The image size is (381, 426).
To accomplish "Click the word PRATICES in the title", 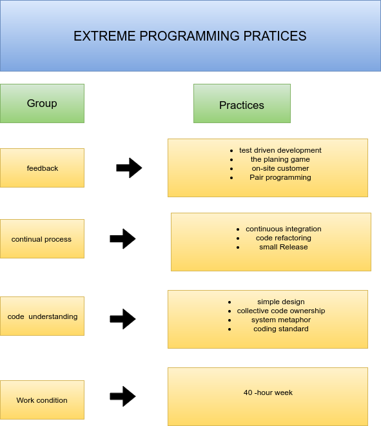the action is point(275,36).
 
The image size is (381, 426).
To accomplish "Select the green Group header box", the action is point(42,104).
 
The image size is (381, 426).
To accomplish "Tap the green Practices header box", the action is point(242,104).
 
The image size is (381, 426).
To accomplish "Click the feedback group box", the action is point(42,168).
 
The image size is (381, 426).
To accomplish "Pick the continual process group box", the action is point(42,239).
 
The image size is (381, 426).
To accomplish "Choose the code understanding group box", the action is point(42,316).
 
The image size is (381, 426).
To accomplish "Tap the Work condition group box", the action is point(42,400).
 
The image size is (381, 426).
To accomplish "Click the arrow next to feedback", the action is point(129,168).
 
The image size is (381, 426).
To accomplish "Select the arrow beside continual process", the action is point(122,239).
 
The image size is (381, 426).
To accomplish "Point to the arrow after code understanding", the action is point(122,319).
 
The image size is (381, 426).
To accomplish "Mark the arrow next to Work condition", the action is point(122,396).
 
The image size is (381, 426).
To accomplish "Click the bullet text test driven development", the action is point(280,150).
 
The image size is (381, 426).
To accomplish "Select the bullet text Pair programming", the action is point(280,177).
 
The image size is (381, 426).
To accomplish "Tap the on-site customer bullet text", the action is point(280,168).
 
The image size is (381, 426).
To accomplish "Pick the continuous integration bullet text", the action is point(284,229).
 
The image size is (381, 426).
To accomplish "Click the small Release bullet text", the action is point(284,247).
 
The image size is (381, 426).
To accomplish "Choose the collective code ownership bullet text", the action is point(281,311).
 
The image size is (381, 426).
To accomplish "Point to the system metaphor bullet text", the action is point(281,320).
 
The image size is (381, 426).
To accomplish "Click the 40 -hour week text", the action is point(268,392).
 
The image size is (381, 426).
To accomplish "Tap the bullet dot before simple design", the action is point(230,302).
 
